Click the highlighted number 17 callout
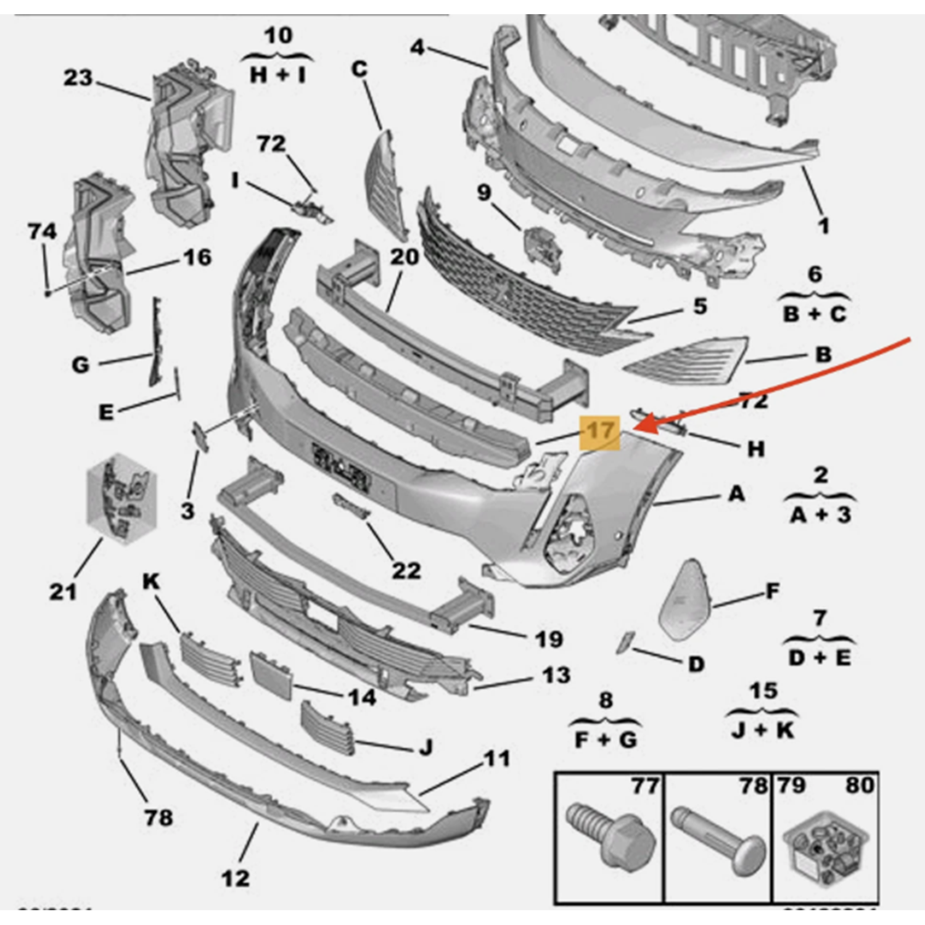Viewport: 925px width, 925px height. (x=600, y=431)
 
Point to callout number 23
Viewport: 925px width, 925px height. (x=78, y=78)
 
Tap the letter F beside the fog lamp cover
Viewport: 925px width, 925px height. (x=772, y=592)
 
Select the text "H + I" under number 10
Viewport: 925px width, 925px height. (x=277, y=75)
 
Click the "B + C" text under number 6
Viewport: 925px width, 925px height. (x=815, y=314)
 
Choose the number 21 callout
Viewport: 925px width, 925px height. (x=63, y=591)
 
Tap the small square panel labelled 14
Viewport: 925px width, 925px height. (x=271, y=675)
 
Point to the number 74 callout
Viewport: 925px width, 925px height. (x=42, y=231)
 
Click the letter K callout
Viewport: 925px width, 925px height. (x=151, y=581)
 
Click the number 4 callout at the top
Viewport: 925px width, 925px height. (x=417, y=47)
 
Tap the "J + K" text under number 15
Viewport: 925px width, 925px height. (x=763, y=730)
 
